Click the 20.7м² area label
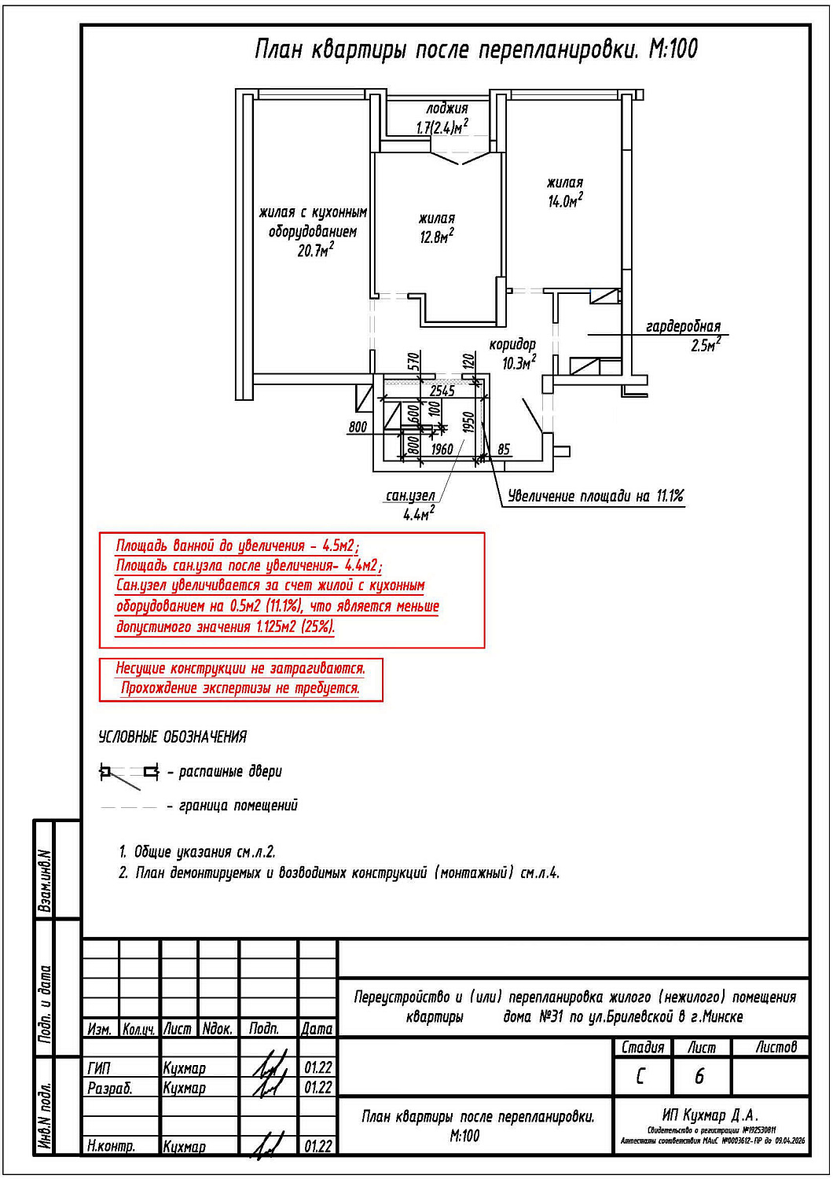pos(315,251)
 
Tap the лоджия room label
pos(447,108)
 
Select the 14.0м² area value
pos(565,200)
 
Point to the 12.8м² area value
pos(436,236)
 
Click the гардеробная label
pos(683,326)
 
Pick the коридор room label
pos(512,344)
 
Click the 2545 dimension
pos(442,391)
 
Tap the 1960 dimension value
pos(442,449)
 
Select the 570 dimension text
pos(414,362)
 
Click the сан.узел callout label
pos(410,496)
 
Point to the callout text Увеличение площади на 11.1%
pos(596,496)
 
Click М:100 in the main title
pos(673,50)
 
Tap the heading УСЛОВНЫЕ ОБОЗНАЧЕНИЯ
pos(172,736)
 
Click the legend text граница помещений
pos(238,806)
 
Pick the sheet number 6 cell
pos(699,1076)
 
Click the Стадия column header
pos(642,1047)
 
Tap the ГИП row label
pos(100,1068)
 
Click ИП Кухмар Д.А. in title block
pos(710,1115)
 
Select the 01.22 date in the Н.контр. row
pos(317,1146)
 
